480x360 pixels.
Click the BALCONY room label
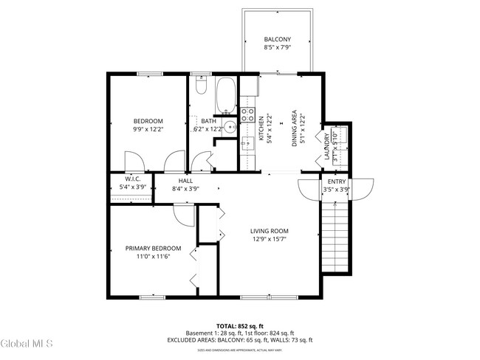pos(278,39)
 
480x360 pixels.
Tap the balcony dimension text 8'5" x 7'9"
pos(278,48)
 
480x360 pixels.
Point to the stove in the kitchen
pos(249,114)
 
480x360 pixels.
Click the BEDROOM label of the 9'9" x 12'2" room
pos(148,121)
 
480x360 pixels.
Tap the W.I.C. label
pos(133,179)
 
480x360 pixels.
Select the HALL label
pos(186,180)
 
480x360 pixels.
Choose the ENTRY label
pos(337,181)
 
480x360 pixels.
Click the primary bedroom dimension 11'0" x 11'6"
pos(153,256)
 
